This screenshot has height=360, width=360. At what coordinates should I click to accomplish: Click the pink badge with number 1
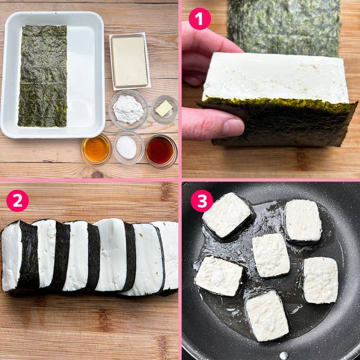[x=200, y=19]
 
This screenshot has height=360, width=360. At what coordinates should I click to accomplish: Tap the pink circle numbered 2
[x=17, y=201]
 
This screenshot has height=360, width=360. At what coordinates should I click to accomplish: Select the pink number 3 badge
[x=202, y=201]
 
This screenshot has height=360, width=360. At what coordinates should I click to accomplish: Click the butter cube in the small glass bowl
[x=164, y=109]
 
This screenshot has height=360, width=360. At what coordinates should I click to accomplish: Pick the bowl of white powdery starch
[x=128, y=109]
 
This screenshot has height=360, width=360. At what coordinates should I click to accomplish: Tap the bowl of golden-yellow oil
[x=96, y=149]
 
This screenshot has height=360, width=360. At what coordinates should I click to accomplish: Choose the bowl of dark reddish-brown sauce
[x=160, y=150]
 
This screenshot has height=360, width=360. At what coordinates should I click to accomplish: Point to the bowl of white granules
[x=127, y=148]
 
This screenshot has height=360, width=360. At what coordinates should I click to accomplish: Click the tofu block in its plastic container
[x=130, y=61]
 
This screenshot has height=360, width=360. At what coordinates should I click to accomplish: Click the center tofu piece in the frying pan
[x=271, y=255]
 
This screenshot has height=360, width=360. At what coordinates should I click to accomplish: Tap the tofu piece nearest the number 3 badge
[x=227, y=214]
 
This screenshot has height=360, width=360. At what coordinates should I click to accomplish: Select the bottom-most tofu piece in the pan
[x=266, y=315]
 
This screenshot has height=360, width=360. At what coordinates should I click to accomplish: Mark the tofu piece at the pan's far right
[x=320, y=280]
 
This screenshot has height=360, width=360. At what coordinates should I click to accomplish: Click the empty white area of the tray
[x=85, y=77]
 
